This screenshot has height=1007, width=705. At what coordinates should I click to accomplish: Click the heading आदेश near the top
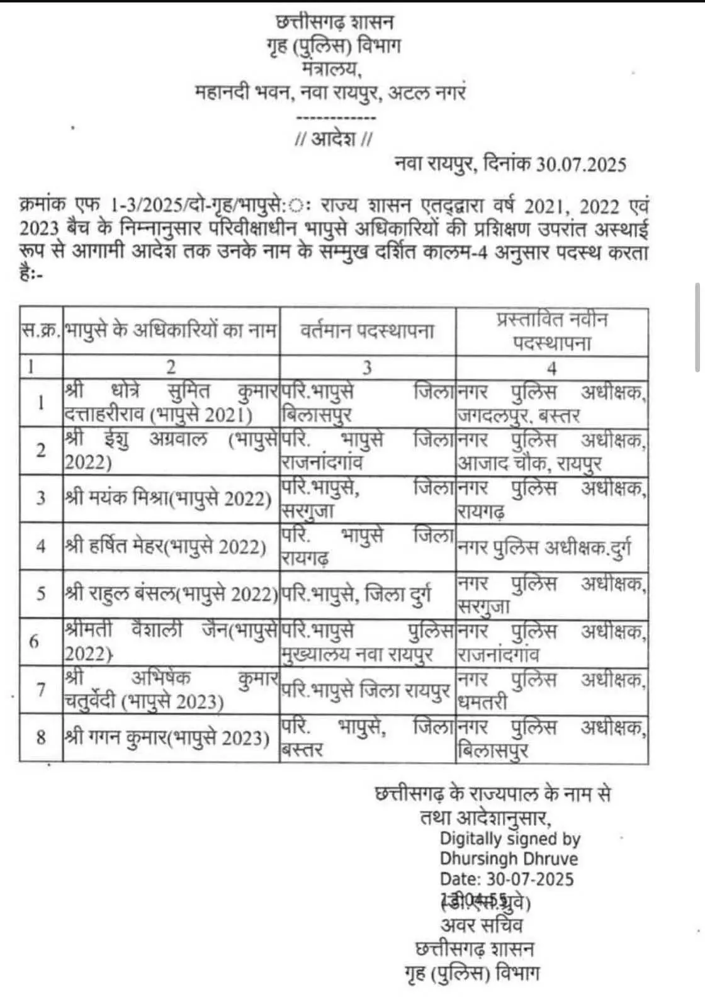334,138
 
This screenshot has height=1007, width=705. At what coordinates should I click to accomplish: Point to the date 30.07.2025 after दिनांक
581,164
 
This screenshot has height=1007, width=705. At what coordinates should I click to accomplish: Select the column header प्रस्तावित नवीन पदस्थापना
552,331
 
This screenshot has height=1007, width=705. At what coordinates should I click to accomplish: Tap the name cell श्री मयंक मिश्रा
168,498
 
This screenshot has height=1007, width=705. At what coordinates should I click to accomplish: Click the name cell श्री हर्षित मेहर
166,546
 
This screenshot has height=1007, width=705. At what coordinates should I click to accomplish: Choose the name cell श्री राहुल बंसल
171,594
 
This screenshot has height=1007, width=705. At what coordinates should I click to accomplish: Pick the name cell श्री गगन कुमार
167,737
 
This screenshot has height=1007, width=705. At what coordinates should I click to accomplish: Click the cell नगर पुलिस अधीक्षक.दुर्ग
544,548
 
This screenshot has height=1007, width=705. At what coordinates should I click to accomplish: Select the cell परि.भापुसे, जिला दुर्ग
357,594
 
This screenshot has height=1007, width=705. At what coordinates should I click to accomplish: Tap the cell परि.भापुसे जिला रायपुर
366,690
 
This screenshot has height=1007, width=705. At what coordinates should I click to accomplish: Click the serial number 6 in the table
34,642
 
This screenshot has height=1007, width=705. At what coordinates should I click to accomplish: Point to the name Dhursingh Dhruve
509,858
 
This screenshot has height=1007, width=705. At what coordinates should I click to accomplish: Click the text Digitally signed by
510,838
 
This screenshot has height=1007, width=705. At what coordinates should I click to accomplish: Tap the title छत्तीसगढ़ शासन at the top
335,23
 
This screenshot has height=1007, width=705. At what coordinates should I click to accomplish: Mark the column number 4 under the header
551,368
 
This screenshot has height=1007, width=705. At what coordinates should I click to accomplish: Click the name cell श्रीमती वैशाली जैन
171,642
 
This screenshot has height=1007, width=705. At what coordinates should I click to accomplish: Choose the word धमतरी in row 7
482,702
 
